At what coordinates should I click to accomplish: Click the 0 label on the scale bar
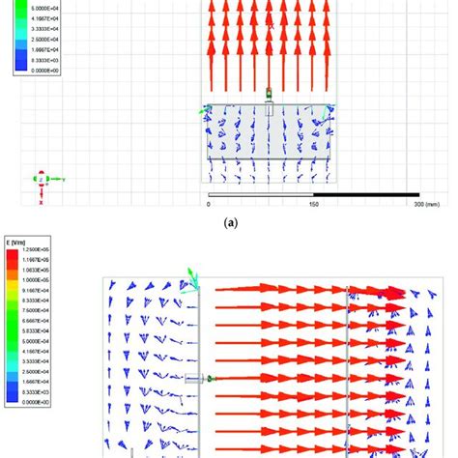(x=209, y=205)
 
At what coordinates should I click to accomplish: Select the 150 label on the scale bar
(x=313, y=205)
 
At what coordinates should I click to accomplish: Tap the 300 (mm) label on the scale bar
(x=426, y=205)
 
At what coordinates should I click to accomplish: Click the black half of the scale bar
(x=366, y=195)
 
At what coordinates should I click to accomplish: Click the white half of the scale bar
(x=261, y=195)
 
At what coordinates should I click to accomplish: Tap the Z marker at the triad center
(x=41, y=179)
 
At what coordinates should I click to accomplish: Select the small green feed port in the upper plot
(x=271, y=95)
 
